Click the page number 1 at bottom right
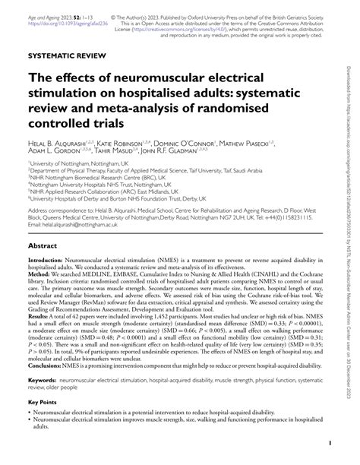[x=328, y=442]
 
